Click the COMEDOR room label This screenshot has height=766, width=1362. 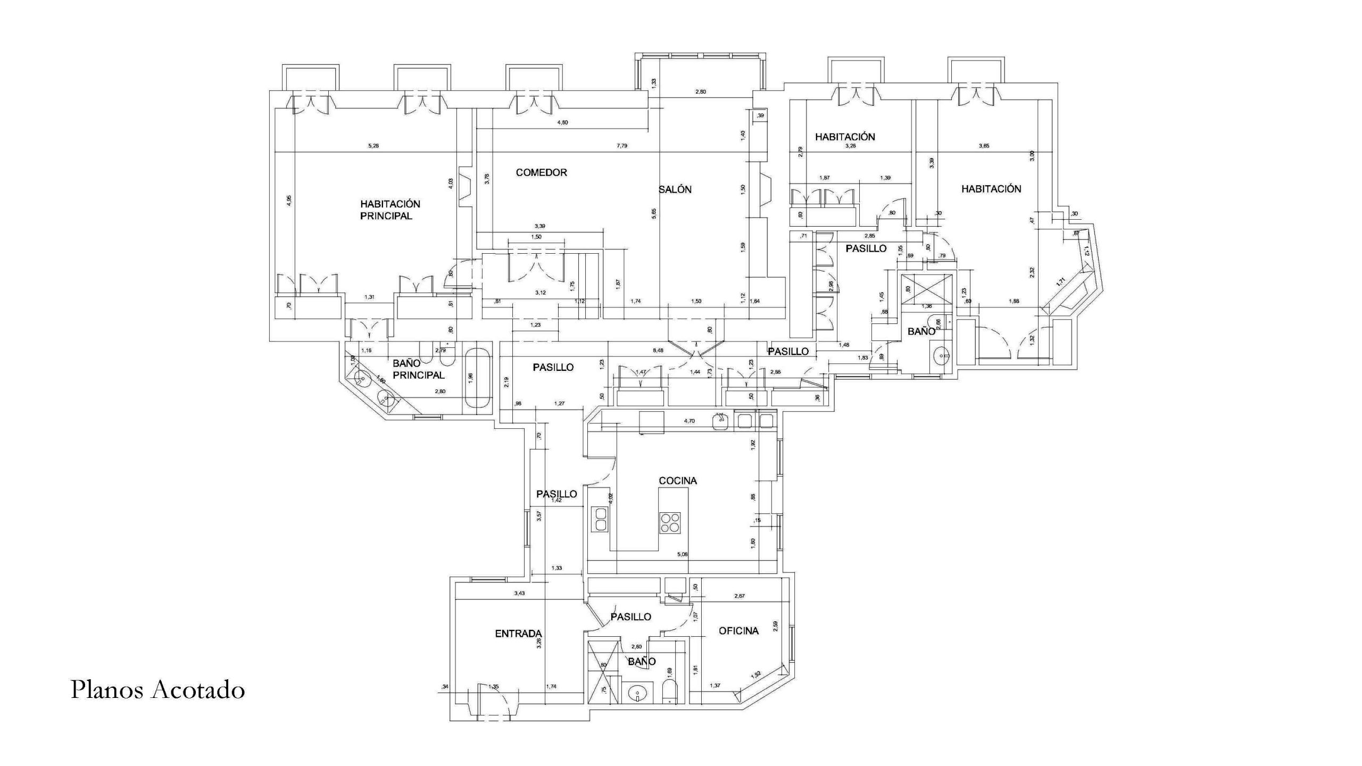(541, 172)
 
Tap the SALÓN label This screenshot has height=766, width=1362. (675, 189)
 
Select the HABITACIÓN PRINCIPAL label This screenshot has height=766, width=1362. (389, 210)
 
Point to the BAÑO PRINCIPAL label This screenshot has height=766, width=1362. (418, 369)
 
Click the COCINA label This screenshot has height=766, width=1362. (677, 480)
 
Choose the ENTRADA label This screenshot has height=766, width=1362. (518, 634)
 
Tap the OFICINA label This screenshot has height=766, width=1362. (738, 631)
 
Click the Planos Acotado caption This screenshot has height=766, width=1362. (157, 690)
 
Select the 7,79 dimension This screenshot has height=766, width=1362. (621, 146)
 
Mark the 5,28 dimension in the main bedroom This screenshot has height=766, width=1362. (373, 146)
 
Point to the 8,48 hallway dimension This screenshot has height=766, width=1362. (658, 351)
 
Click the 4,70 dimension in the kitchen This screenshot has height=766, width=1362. (689, 421)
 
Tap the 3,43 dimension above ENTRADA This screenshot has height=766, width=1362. (519, 593)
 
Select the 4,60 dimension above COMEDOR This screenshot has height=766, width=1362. (562, 122)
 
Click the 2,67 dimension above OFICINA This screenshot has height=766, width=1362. (739, 596)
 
